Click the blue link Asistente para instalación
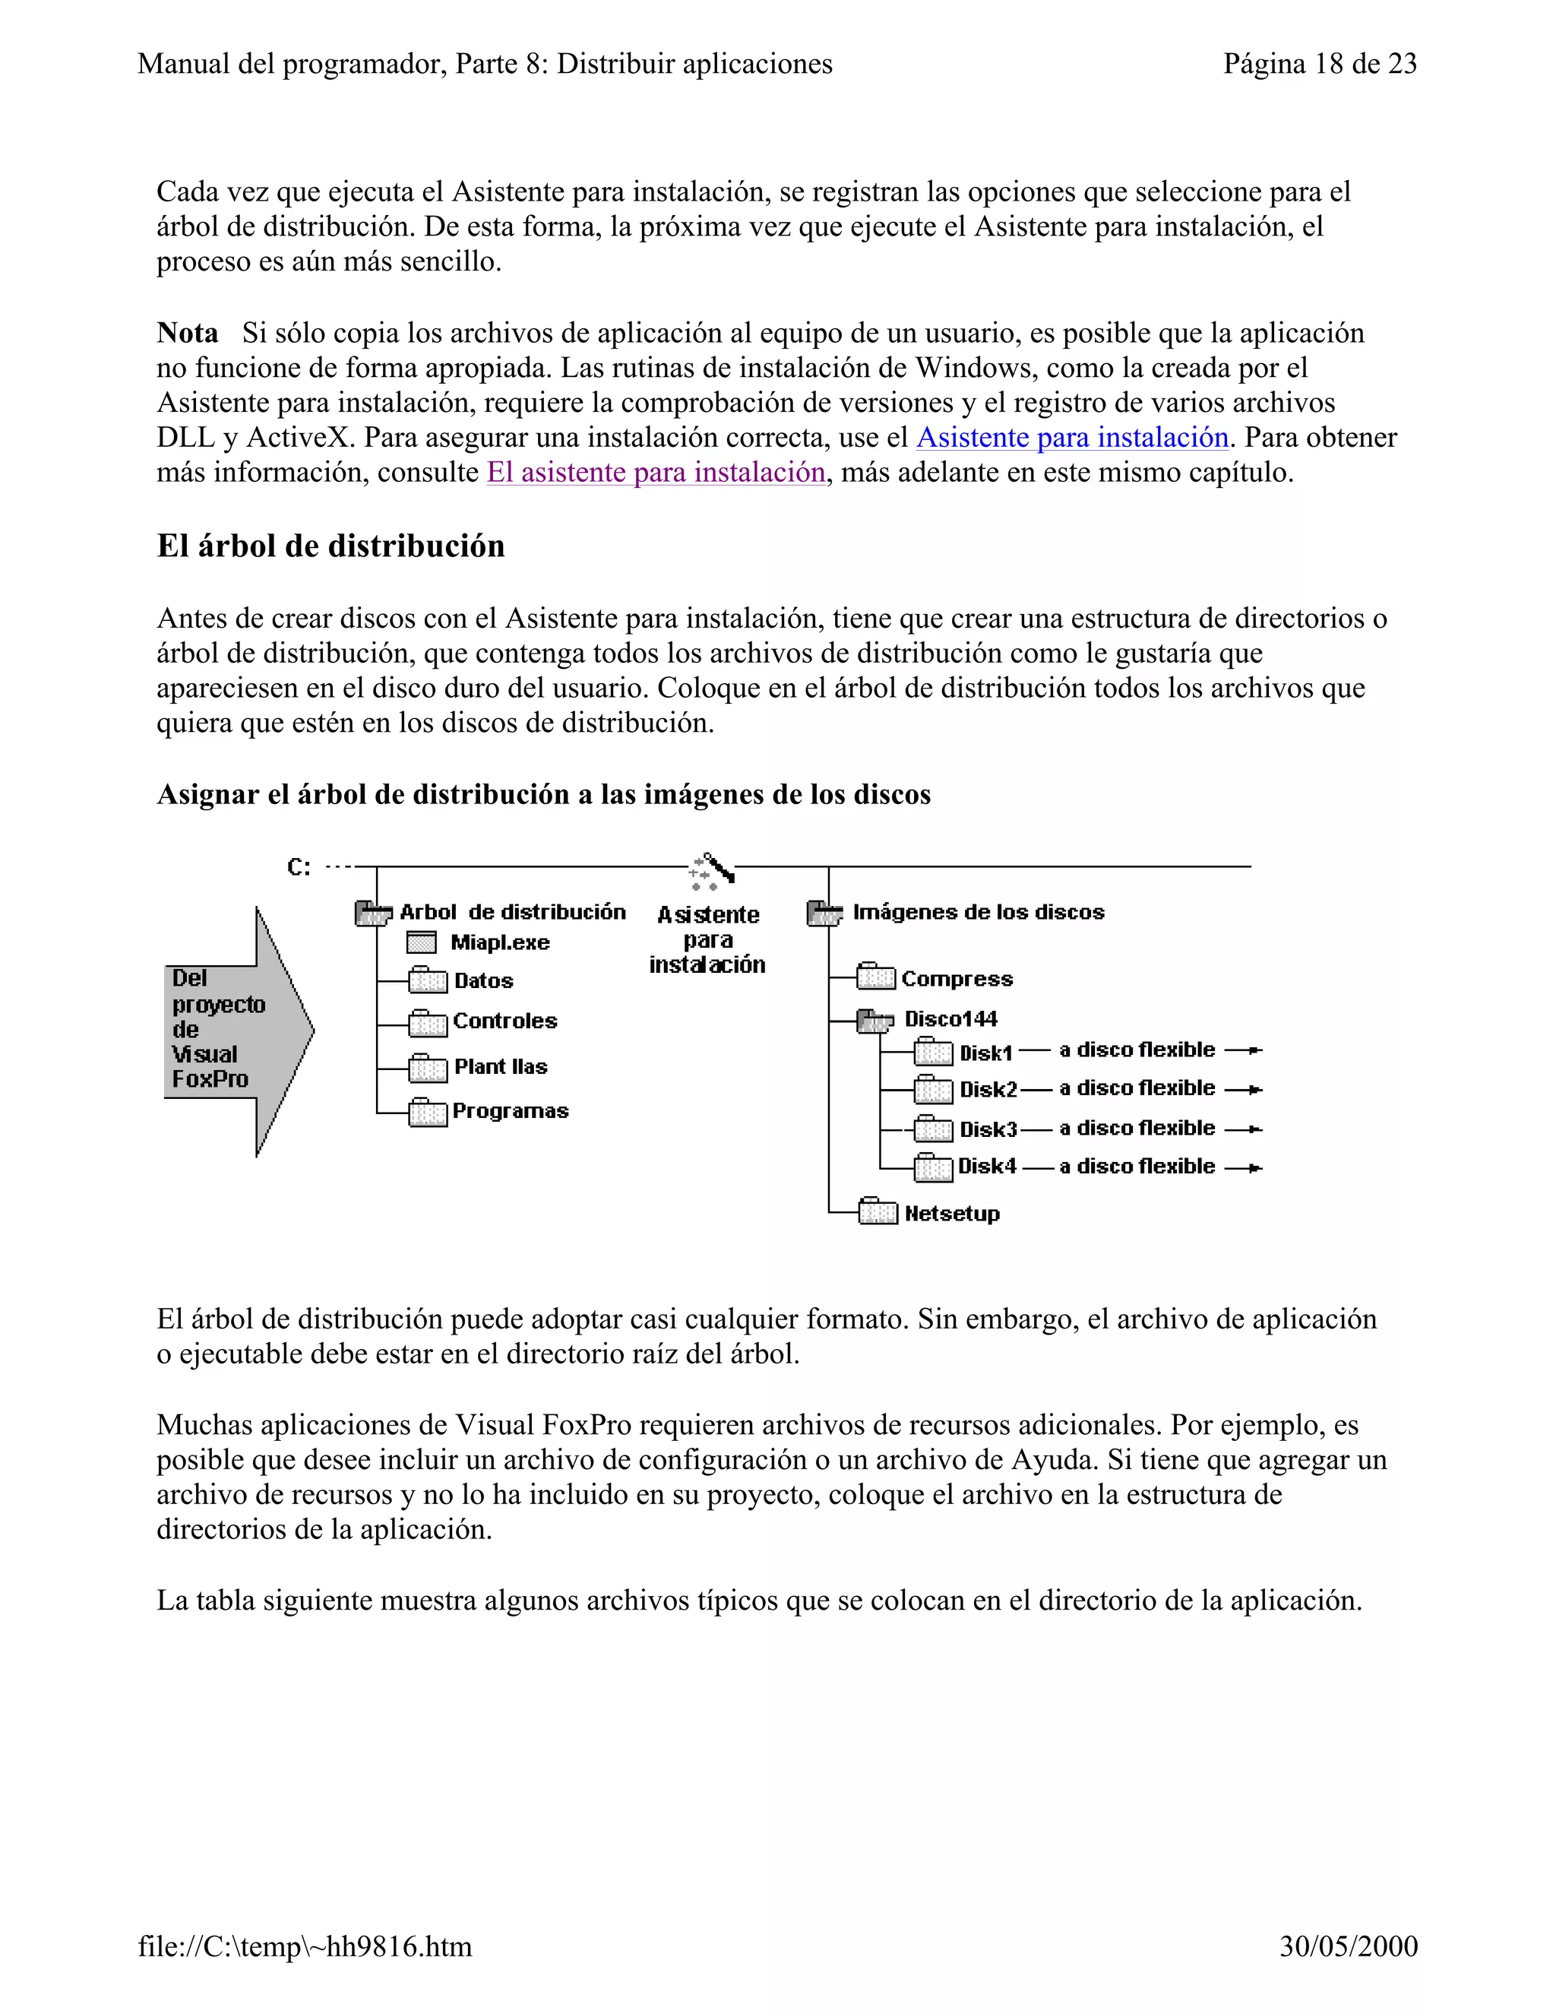tap(1072, 438)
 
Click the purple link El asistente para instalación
tap(656, 473)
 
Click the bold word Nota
tap(187, 333)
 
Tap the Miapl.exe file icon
tap(421, 942)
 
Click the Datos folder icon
tap(427, 980)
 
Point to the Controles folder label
tap(505, 1021)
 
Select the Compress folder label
tap(956, 980)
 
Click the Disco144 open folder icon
tap(874, 1020)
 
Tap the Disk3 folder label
tap(987, 1129)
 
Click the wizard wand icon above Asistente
tap(712, 869)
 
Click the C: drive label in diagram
tap(299, 868)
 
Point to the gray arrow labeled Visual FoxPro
tap(238, 1030)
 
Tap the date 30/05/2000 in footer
tap(1348, 1946)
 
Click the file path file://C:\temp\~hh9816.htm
tap(305, 1946)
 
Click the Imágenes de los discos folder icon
tap(823, 914)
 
